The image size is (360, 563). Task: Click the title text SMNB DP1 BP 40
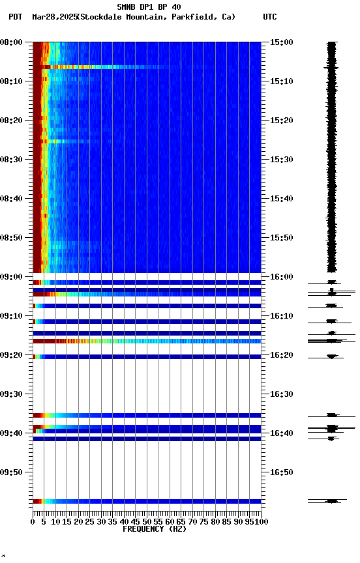pos(149,7)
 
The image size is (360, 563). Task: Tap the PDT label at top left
pos(16,17)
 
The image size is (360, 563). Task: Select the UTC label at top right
pos(270,17)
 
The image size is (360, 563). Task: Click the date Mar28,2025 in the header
pos(54,17)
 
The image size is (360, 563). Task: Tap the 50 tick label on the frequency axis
pos(147,522)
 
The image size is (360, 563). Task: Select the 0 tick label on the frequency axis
pos(33,522)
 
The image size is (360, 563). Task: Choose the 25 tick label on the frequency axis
pos(90,522)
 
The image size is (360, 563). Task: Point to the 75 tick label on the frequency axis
pos(204,522)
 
